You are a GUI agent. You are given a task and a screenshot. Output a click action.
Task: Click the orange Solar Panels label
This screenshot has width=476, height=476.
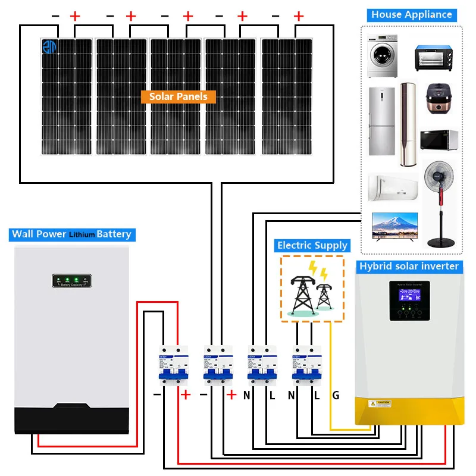coord(178,96)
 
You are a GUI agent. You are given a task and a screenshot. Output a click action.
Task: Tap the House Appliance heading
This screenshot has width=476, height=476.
coord(412,15)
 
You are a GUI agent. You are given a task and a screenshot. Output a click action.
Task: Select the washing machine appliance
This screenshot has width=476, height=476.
coord(381,57)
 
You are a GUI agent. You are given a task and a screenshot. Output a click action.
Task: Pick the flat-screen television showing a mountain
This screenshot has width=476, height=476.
coord(394,226)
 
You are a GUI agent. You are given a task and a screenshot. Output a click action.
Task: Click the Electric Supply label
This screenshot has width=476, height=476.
coord(312,245)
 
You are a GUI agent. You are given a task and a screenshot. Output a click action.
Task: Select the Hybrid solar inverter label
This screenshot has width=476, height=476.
coord(409,266)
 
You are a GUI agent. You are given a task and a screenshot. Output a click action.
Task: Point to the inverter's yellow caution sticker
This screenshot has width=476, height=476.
coord(380,403)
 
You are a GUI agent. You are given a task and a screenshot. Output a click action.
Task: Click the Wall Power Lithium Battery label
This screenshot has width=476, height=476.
coord(71,234)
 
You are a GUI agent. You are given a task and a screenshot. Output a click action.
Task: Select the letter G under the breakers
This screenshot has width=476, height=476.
coord(336,394)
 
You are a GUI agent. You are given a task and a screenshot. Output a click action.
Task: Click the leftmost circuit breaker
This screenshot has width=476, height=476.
coord(173,364)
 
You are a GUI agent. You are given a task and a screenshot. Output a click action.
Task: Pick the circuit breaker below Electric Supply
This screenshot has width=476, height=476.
coord(306,364)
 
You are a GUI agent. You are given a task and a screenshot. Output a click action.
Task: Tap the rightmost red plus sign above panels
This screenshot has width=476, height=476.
coord(299,16)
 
